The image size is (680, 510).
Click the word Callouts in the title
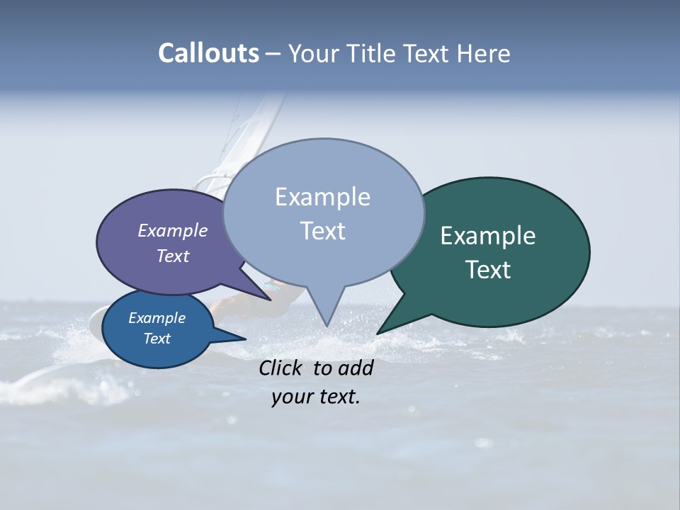point(208,53)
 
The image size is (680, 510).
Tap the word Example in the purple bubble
point(172,230)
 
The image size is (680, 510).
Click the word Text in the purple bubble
point(173,256)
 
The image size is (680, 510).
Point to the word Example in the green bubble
point(488,236)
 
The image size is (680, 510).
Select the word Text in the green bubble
point(488,270)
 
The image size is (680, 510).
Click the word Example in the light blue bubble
point(322,197)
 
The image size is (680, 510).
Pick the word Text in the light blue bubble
point(322,231)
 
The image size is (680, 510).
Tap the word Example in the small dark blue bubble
point(157,318)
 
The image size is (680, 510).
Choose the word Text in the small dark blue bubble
point(157,339)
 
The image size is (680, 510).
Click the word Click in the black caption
point(282,368)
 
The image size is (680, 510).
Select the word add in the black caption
point(356,368)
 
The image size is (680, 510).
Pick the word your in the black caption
point(291,397)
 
